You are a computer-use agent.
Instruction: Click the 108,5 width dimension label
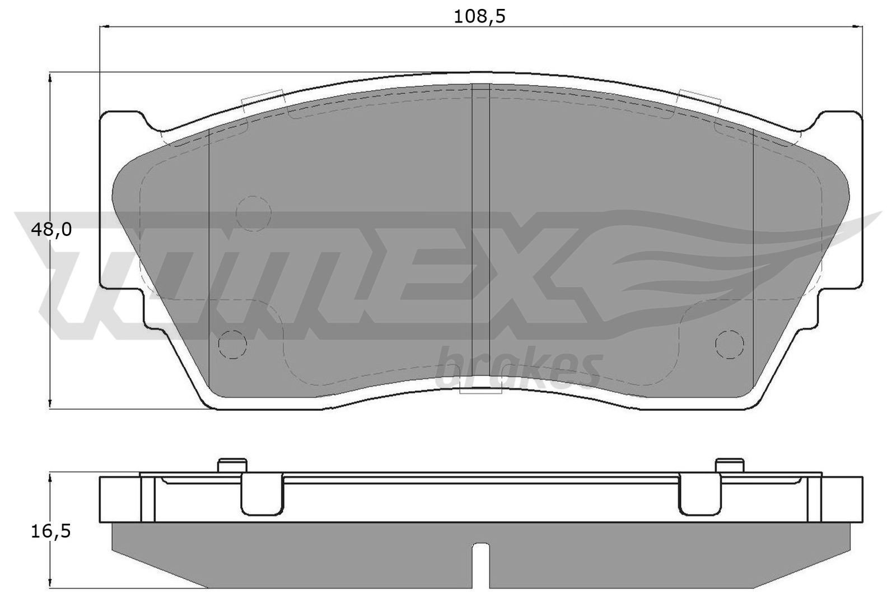(x=479, y=17)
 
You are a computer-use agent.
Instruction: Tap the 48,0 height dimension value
(x=51, y=230)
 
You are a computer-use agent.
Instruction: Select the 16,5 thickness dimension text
(x=51, y=531)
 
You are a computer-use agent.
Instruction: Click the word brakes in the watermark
(x=519, y=369)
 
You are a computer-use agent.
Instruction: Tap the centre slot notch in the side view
(x=481, y=565)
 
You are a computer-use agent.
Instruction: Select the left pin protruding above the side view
(x=232, y=465)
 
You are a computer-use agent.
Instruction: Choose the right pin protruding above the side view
(x=730, y=465)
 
